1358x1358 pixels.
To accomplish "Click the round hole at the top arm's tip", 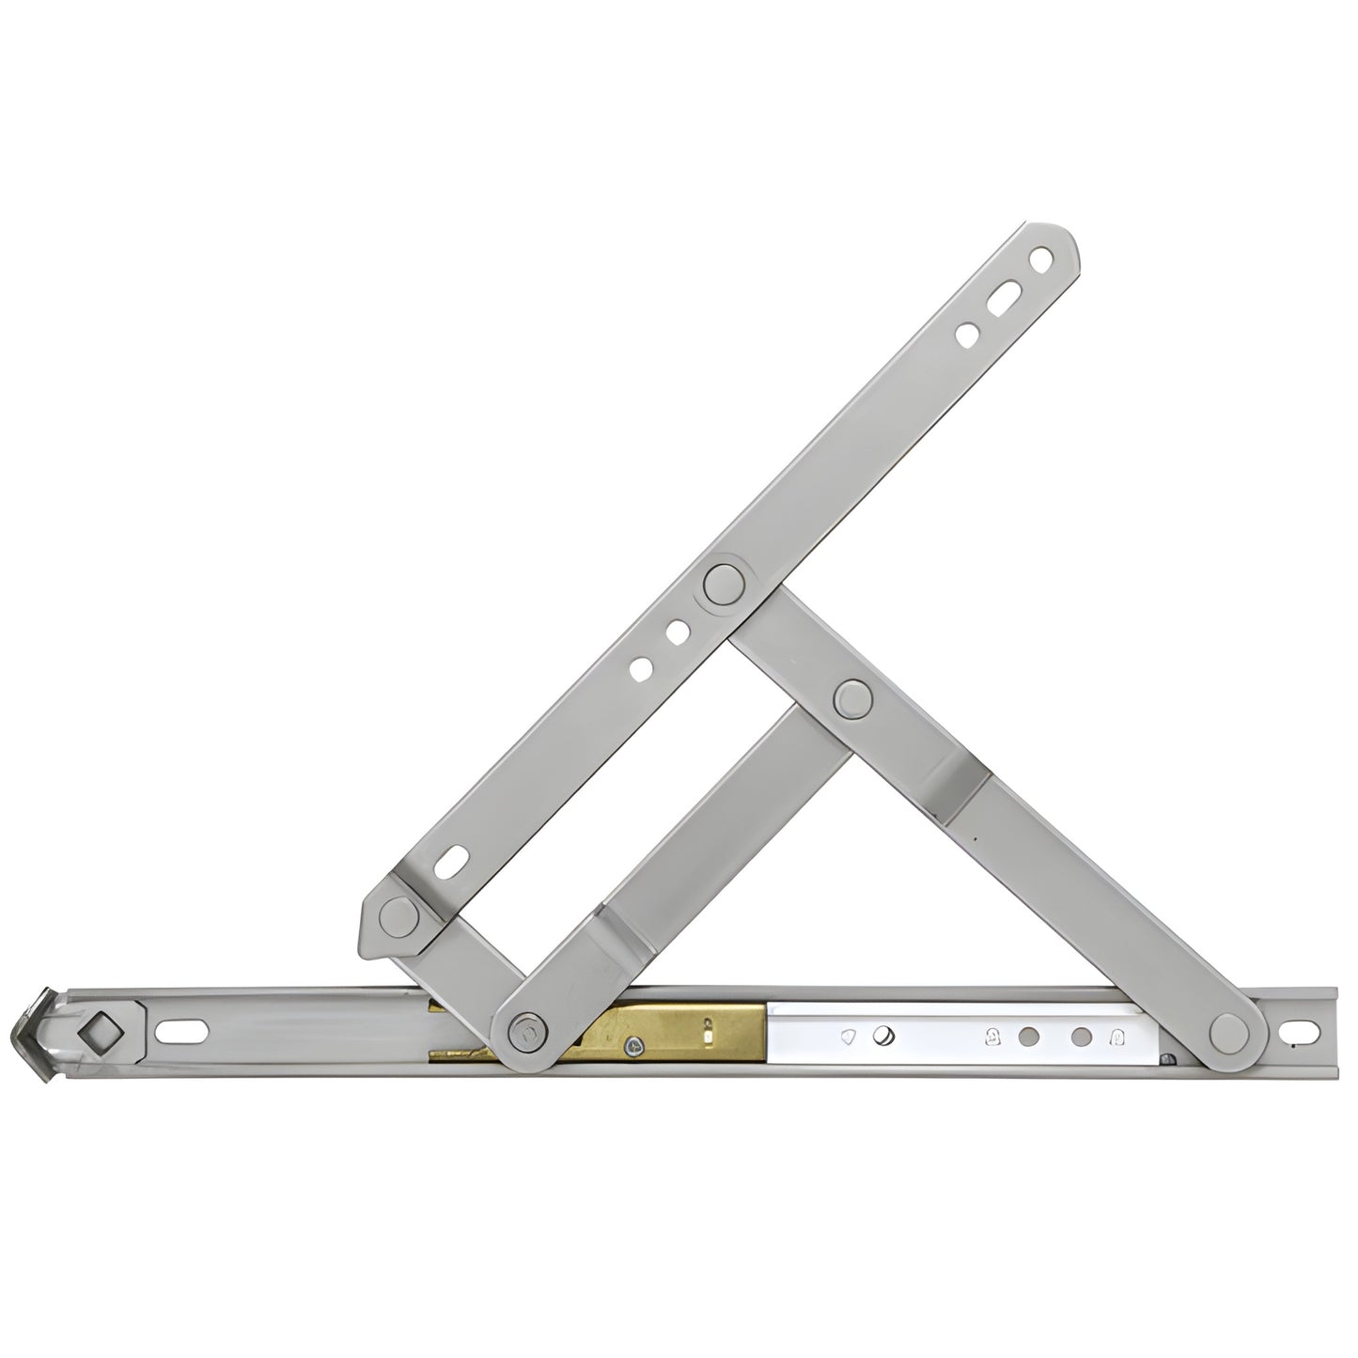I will click(1040, 257).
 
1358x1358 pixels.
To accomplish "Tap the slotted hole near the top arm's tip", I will click(1002, 289).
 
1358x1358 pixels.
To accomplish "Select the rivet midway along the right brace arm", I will click(851, 699).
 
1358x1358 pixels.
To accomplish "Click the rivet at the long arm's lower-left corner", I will click(398, 912).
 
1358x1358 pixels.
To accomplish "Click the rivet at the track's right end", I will click(1230, 1032).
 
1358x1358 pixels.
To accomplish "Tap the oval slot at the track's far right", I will click(1303, 1031).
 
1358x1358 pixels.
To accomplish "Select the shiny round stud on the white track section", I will click(884, 1036).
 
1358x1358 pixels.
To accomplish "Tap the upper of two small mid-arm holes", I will click(675, 633).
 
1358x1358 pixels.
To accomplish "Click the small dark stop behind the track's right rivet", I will click(1168, 1060).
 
